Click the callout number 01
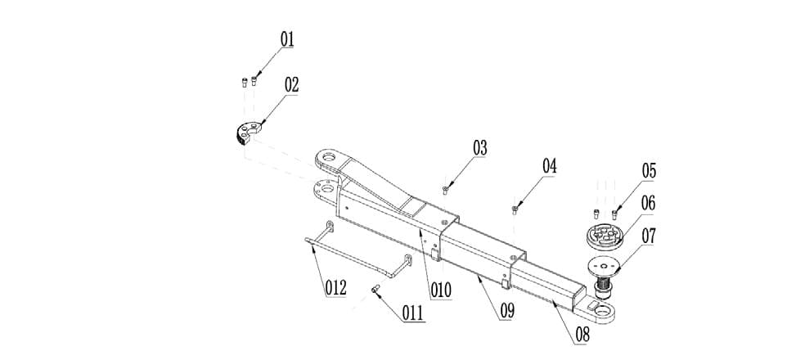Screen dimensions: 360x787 pyautogui.click(x=287, y=39)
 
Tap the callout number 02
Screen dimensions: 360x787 pyautogui.click(x=291, y=84)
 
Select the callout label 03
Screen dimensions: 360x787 pyautogui.click(x=479, y=148)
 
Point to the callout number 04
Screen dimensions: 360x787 pyautogui.click(x=548, y=166)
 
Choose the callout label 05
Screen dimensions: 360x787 pyautogui.click(x=649, y=171)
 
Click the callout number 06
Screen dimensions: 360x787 pyautogui.click(x=648, y=203)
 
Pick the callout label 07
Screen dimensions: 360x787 pyautogui.click(x=649, y=236)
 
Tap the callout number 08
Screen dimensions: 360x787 pyautogui.click(x=582, y=334)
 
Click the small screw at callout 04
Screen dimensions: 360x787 pyautogui.click(x=514, y=209)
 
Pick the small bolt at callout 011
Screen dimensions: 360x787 pyautogui.click(x=376, y=288)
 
